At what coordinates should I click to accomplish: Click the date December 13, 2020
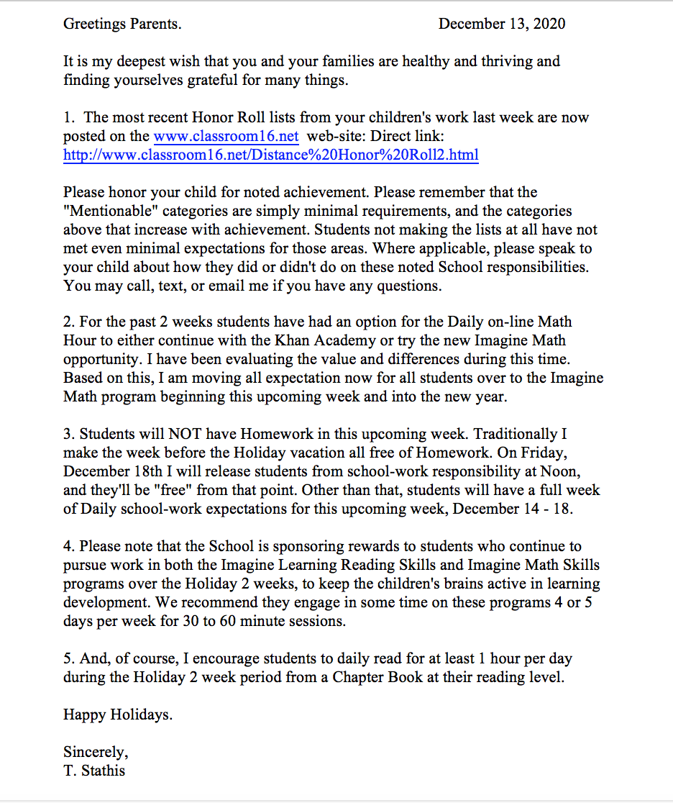[501, 24]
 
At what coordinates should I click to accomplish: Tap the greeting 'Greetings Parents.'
[122, 24]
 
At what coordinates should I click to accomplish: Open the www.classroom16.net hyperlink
[226, 136]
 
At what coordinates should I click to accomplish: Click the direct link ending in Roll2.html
[270, 155]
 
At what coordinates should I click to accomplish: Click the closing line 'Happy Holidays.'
[118, 714]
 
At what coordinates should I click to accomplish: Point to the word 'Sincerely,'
[96, 752]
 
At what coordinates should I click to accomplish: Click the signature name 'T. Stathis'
[94, 771]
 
